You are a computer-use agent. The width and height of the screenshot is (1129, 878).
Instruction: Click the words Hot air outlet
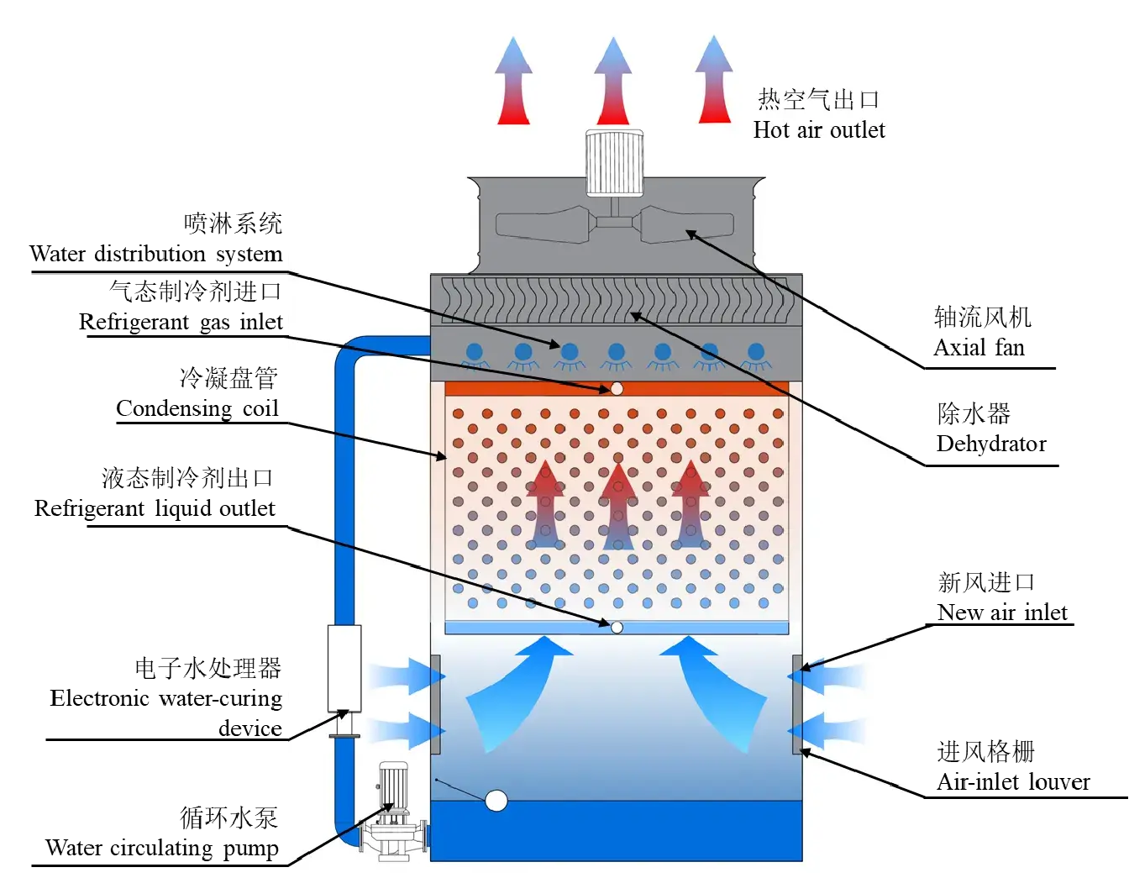[819, 130]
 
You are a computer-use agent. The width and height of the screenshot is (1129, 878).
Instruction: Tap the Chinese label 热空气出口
[819, 99]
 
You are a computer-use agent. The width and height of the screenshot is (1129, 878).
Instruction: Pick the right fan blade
[687, 224]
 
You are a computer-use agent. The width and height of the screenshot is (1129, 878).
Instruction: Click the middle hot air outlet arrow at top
[614, 82]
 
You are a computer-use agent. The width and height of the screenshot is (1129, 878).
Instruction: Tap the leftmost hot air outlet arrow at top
[513, 82]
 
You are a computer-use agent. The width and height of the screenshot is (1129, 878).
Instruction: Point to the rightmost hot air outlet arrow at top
[715, 81]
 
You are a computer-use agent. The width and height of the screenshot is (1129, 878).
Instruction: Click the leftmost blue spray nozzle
[475, 353]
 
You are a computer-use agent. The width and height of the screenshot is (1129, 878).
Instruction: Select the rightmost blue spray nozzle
[756, 353]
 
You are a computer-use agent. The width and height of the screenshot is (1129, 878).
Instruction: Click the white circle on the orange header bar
[617, 388]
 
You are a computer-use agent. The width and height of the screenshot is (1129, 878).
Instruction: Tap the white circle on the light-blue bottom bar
[617, 628]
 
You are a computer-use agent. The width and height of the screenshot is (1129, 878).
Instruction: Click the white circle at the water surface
[496, 801]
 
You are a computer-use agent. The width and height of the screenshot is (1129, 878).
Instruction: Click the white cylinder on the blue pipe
[344, 668]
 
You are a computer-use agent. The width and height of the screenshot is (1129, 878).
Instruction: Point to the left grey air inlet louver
[436, 704]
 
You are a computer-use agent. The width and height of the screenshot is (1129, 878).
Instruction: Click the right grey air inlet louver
[797, 704]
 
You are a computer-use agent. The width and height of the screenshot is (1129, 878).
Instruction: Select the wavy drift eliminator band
[617, 300]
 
